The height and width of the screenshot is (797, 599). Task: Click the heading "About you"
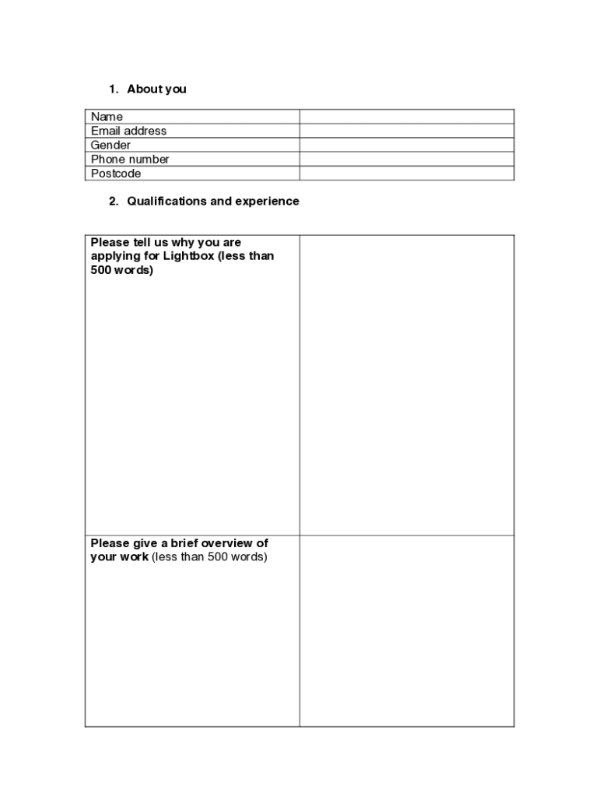(x=156, y=89)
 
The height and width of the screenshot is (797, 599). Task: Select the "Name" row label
(x=107, y=117)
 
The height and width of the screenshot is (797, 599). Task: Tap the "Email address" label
(x=128, y=131)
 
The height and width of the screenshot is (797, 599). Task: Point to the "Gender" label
(x=110, y=145)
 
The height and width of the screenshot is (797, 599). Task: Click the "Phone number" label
(x=130, y=159)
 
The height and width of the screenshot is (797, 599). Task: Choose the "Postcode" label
(x=116, y=174)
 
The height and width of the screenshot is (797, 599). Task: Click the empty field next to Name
(x=406, y=117)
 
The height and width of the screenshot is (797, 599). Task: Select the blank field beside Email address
(x=406, y=131)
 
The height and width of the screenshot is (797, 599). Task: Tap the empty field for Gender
(x=406, y=145)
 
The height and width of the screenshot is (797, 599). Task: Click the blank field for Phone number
(x=406, y=159)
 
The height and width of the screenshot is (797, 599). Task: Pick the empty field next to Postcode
(x=406, y=174)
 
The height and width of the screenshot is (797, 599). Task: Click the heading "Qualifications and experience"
(x=212, y=201)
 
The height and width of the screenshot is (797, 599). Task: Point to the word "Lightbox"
(x=188, y=256)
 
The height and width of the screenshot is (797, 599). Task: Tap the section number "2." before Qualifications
(x=114, y=201)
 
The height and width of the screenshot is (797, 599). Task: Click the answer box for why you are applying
(x=406, y=384)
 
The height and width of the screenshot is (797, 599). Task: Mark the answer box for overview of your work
(x=406, y=630)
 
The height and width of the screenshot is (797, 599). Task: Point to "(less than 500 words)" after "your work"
(x=209, y=557)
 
